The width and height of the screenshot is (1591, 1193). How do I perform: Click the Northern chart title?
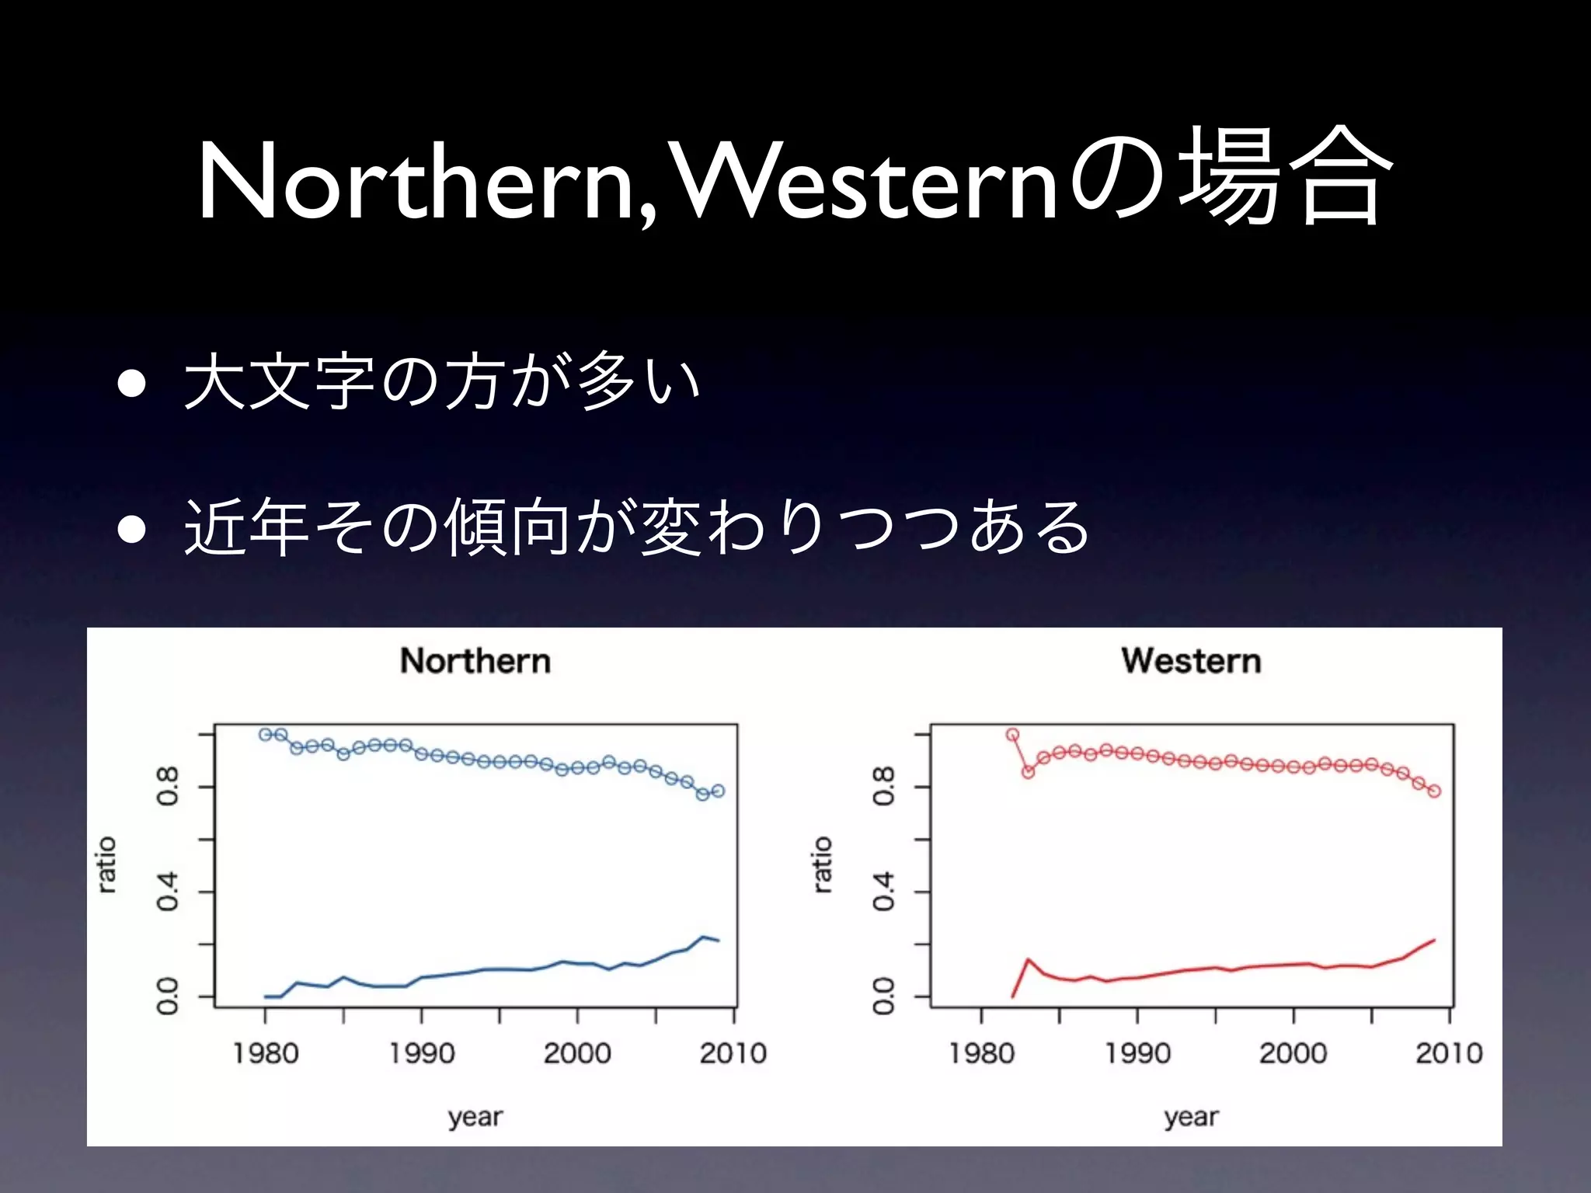475,661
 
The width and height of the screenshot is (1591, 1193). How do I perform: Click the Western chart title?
1191,661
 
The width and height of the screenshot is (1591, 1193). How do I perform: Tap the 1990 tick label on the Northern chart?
422,1053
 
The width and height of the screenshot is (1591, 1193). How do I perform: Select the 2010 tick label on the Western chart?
1449,1053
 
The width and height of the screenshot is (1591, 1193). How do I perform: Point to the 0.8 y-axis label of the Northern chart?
168,786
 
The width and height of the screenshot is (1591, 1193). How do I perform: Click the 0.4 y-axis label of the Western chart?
884,891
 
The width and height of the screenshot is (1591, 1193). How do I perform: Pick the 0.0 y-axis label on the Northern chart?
168,996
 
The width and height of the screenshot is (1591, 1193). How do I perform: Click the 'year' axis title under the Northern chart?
475,1117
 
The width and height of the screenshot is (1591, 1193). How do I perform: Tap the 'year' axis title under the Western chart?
1191,1117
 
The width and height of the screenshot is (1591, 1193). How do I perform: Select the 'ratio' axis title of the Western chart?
823,864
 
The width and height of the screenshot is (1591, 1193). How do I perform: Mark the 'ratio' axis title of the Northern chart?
107,864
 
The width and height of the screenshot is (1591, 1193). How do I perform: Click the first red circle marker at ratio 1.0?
1012,734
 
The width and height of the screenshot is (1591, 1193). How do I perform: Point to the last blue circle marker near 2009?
718,791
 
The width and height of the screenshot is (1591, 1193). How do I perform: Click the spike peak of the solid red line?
1028,959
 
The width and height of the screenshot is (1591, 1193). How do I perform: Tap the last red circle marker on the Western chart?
1434,791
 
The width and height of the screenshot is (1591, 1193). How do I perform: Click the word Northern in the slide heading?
416,183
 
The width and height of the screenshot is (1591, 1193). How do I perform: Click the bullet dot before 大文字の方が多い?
132,384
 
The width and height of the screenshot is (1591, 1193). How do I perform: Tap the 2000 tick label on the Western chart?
1293,1053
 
